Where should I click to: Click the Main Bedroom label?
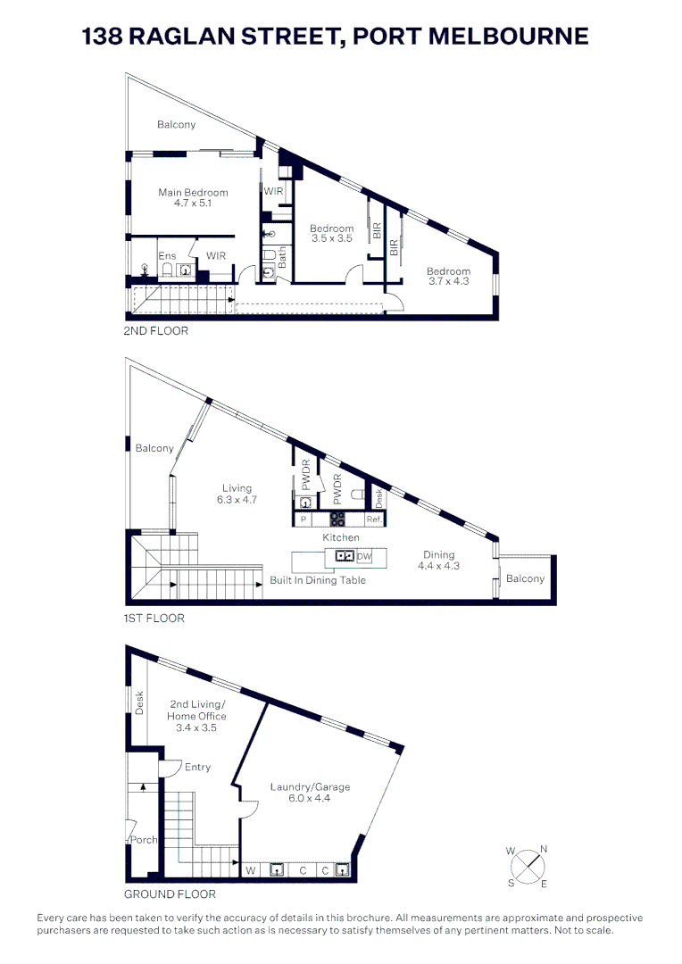coord(193,197)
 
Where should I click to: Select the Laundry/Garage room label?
coord(310,793)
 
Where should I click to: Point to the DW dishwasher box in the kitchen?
coord(363,557)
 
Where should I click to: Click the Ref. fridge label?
coord(374,519)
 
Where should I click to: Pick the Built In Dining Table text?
coord(317,580)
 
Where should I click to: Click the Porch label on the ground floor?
coord(143,840)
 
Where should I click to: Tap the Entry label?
coord(197,767)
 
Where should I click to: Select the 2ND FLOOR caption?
coord(156,330)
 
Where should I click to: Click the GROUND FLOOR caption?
coord(170,893)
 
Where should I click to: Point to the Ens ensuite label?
coord(167,256)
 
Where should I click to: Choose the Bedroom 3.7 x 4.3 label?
coord(447,277)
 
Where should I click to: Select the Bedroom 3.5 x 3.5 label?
coord(332,234)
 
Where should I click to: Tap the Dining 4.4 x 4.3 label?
coord(438,561)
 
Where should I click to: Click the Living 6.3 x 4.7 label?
coord(237,494)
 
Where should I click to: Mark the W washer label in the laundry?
coord(251,869)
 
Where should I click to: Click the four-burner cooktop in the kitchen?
coord(337,519)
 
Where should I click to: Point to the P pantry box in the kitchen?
coord(304,519)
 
